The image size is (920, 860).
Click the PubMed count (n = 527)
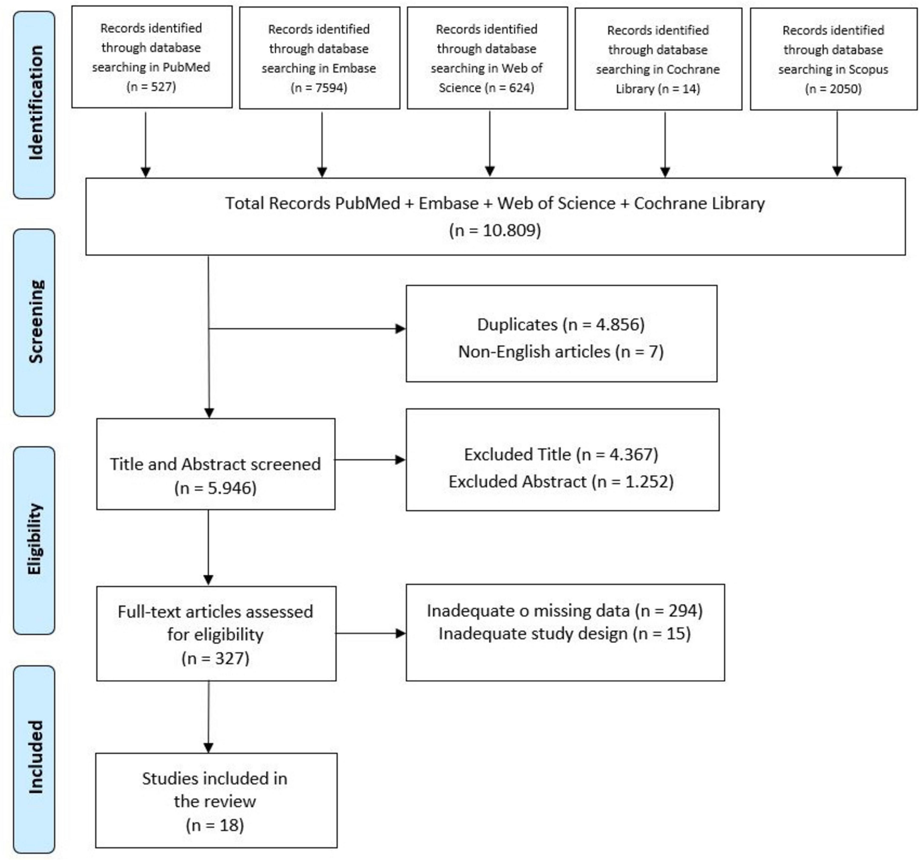pos(151,87)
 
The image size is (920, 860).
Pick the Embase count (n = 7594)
pos(319,87)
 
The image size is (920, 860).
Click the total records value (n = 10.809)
pos(495,230)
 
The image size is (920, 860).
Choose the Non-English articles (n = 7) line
pos(561,352)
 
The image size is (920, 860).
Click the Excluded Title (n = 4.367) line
pos(561,454)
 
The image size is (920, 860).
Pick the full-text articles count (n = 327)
pos(215,658)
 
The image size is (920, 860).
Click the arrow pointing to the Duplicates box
pos(307,329)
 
